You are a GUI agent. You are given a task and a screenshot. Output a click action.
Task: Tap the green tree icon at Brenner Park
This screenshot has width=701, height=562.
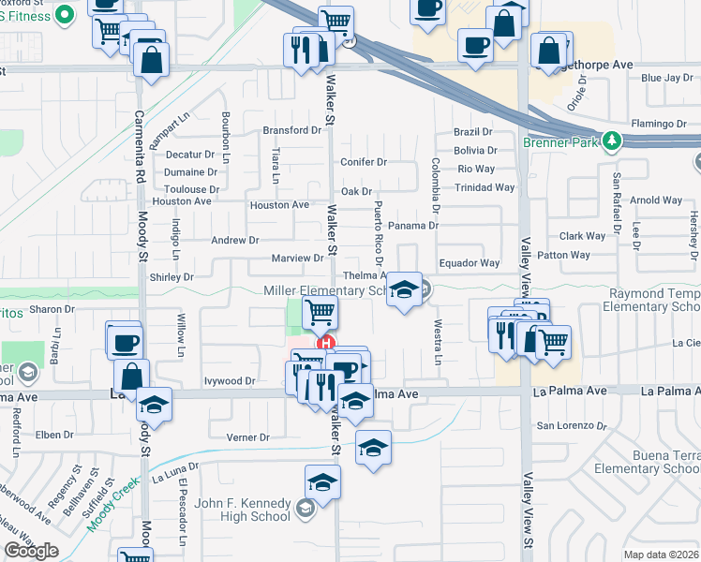(612, 140)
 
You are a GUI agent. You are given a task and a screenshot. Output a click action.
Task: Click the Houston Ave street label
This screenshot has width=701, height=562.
(278, 205)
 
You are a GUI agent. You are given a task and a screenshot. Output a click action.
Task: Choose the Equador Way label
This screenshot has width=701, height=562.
(470, 263)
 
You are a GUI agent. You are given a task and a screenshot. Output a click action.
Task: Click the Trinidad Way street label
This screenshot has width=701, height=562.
(485, 187)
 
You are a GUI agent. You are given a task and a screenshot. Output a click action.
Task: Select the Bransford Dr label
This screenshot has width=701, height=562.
(291, 130)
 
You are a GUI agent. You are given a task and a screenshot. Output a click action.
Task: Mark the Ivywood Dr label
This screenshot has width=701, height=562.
(230, 381)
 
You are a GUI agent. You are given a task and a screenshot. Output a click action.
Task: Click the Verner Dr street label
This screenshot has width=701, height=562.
(247, 437)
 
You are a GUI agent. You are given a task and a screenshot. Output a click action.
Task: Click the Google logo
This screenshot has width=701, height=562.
(32, 551)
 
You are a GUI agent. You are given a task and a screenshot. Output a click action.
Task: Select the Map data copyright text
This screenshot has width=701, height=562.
(662, 555)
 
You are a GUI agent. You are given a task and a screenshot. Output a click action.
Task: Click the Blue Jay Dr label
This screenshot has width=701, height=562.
(665, 78)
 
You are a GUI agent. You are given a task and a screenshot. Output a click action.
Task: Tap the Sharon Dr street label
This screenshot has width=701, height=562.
(52, 309)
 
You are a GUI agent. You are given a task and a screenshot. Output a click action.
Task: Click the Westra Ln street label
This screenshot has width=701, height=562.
(438, 343)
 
